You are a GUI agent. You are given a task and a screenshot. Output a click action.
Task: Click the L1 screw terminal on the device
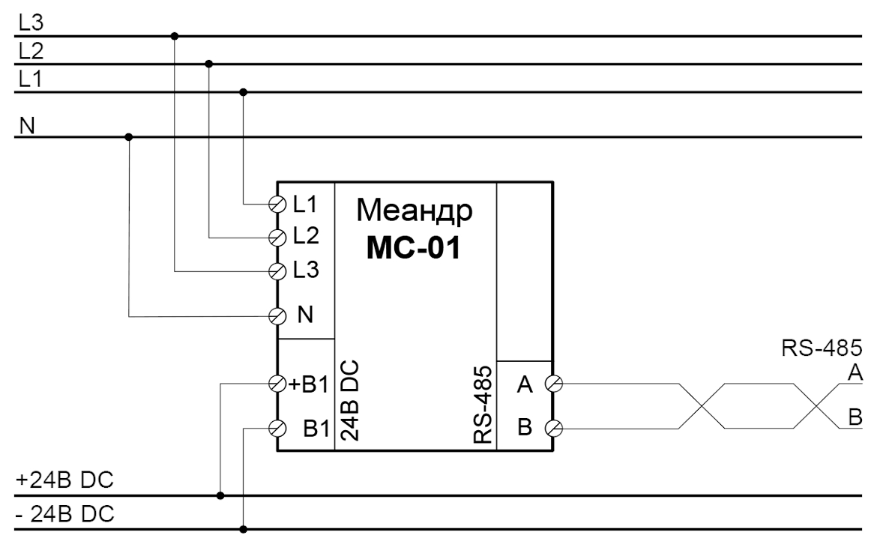point(277,204)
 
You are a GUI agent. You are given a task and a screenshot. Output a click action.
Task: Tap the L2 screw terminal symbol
point(277,237)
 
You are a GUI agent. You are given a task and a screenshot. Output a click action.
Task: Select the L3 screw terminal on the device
point(277,270)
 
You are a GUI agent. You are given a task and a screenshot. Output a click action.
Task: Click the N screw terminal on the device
point(277,315)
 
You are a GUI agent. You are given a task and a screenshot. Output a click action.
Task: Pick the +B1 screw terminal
point(277,384)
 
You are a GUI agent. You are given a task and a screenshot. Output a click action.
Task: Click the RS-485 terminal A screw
point(555,384)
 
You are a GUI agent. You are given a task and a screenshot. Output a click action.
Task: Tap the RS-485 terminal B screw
point(555,429)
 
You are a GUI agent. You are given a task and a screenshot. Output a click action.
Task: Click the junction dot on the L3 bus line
point(175,35)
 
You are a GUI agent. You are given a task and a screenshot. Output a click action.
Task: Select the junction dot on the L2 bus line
point(208,64)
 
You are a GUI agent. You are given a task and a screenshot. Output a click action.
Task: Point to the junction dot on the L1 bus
point(242,92)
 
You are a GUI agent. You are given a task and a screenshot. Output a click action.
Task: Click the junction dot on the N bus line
point(129,137)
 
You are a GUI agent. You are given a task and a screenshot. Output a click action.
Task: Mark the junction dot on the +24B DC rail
point(220,495)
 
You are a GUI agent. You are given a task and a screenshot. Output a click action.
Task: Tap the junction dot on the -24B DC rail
point(243,529)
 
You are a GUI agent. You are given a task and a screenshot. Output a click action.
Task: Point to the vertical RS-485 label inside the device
point(483,405)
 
